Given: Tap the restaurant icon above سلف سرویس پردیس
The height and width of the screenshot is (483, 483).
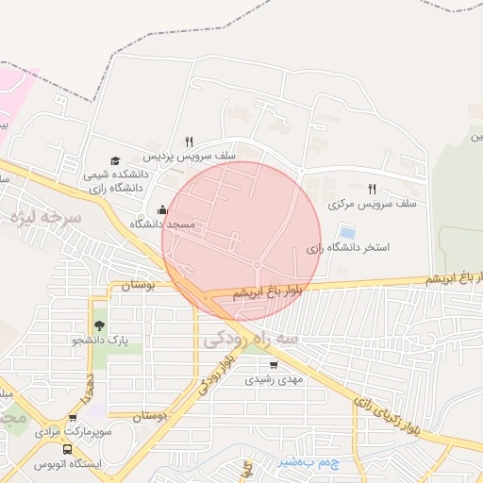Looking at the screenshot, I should pos(190,142).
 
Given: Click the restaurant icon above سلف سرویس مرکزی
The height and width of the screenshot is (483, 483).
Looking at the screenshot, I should pos(372,190).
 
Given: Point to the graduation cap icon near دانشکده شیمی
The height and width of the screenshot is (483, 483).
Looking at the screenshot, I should pos(115,161).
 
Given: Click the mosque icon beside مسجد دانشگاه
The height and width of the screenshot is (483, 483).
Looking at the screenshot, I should pos(163,210).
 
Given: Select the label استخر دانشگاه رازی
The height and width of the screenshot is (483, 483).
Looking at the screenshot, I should pos(348,248).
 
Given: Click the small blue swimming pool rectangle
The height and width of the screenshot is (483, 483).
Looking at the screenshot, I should pos(347,231).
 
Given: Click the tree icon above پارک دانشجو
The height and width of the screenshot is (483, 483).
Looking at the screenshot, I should pos(99,325).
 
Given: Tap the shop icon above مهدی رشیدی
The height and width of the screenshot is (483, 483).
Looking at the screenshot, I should pos(274,365).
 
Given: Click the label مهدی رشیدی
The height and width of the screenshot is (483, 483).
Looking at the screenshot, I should pos(275,379).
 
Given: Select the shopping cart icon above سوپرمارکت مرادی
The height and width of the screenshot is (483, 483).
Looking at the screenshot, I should pos(73,418).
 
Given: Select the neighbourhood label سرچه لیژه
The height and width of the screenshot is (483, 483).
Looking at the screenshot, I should pos(48,217).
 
